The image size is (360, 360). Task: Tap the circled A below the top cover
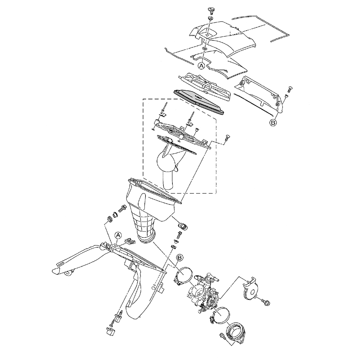(x=202, y=66)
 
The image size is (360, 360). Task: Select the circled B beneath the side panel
(x=273, y=122)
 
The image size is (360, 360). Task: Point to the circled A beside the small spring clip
(x=118, y=235)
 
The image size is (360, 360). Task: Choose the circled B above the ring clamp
(x=180, y=258)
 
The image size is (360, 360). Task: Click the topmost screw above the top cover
(x=211, y=10)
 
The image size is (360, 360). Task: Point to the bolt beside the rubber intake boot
(x=222, y=336)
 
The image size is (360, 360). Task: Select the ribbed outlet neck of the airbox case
(x=144, y=225)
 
